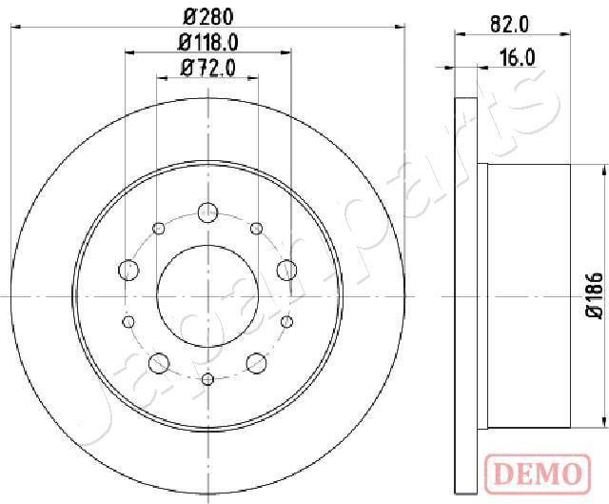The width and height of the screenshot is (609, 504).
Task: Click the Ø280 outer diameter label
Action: pos(207,17)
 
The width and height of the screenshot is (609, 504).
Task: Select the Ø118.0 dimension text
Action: pos(207,42)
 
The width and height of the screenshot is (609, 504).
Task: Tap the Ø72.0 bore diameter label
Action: pos(207,69)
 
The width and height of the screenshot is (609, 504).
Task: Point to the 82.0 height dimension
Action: pos(509,26)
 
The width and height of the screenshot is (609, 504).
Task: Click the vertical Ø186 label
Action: pos(595,295)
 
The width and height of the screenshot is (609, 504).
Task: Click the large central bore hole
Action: pos(207,296)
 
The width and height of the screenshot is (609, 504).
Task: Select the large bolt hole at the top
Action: pos(207,212)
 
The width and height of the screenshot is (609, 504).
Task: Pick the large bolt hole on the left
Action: pos(128,270)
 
